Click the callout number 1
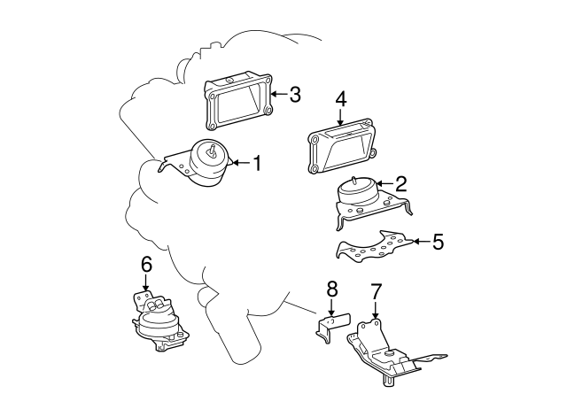coord(257,163)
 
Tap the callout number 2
coord(401,183)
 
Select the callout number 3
coord(295,95)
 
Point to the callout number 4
coord(340,99)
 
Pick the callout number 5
coord(438,241)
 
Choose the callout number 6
coord(146,265)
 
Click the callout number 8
coord(331,289)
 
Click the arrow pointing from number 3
coord(279,95)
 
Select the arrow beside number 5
coord(421,241)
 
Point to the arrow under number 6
coord(145,282)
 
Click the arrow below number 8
coord(330,307)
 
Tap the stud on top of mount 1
coord(213,150)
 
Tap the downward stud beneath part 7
coord(388,381)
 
